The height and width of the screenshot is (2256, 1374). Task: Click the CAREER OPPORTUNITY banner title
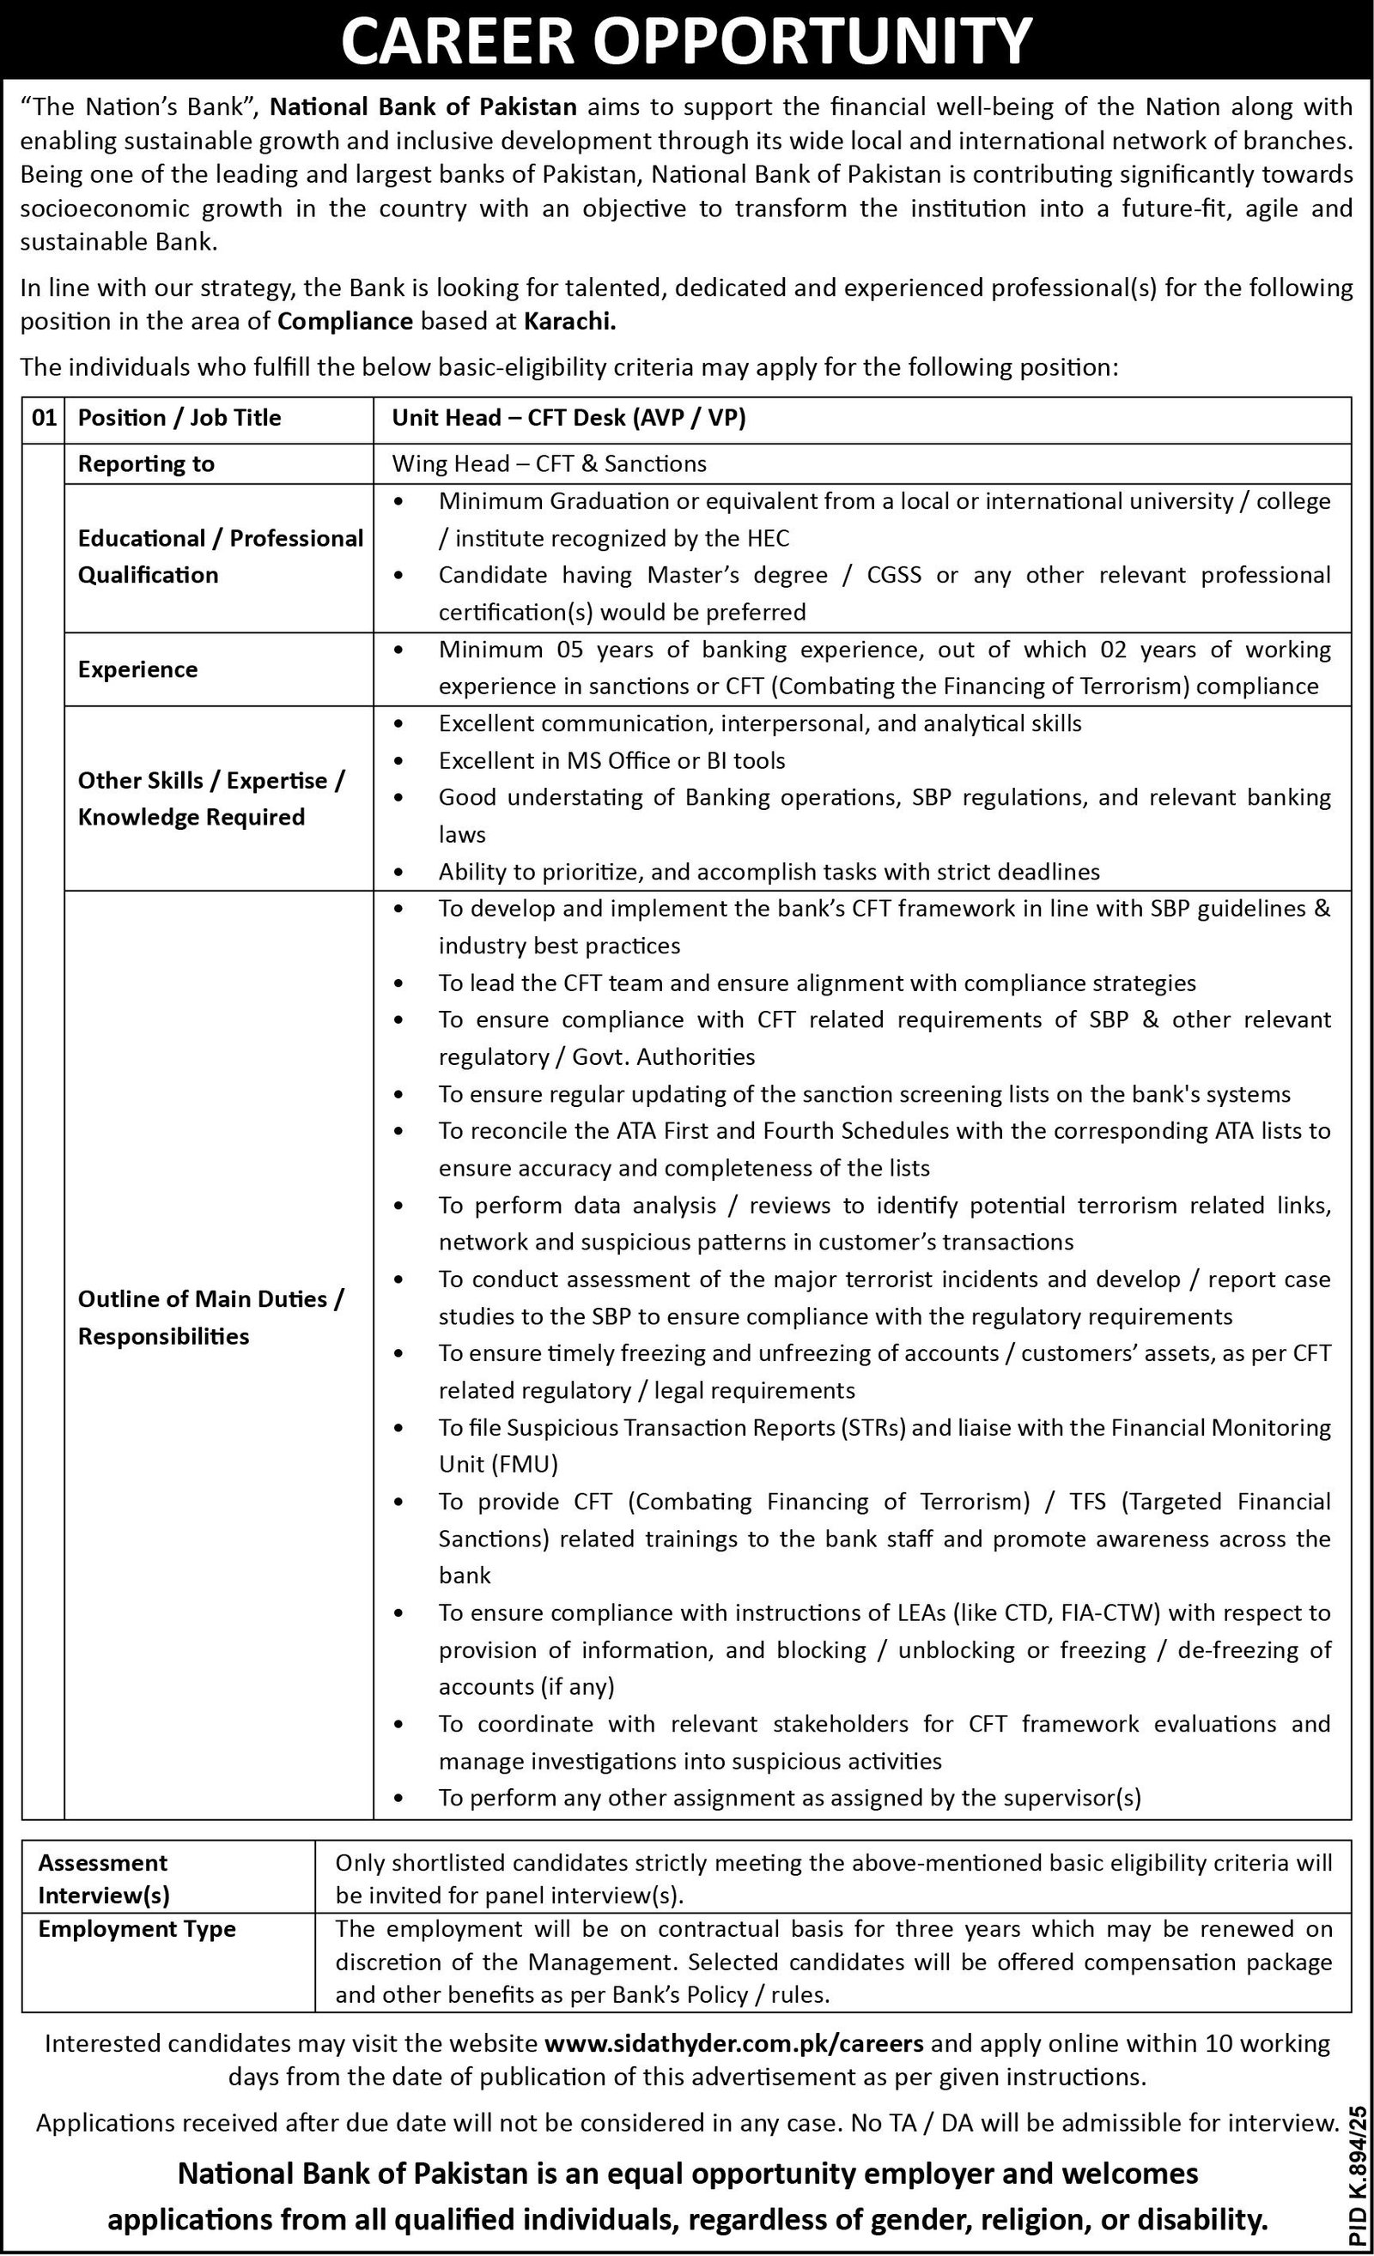point(687,41)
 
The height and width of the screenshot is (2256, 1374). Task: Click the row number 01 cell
point(43,419)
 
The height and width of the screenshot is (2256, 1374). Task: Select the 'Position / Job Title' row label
point(179,419)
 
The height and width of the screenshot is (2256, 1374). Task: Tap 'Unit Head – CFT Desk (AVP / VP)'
point(568,419)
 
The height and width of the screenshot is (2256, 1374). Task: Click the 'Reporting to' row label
point(146,464)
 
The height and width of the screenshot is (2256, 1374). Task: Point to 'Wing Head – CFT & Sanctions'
point(550,464)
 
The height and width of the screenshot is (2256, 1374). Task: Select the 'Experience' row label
point(137,669)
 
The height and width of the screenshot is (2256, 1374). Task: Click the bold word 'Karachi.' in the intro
point(569,322)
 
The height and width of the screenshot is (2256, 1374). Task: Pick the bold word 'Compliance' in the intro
point(345,322)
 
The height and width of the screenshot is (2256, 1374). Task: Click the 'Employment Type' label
point(137,1929)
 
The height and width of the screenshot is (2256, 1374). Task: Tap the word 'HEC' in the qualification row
point(768,538)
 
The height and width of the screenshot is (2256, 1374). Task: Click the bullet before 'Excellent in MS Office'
point(398,761)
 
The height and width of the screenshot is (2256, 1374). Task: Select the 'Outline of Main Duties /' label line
point(210,1299)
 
